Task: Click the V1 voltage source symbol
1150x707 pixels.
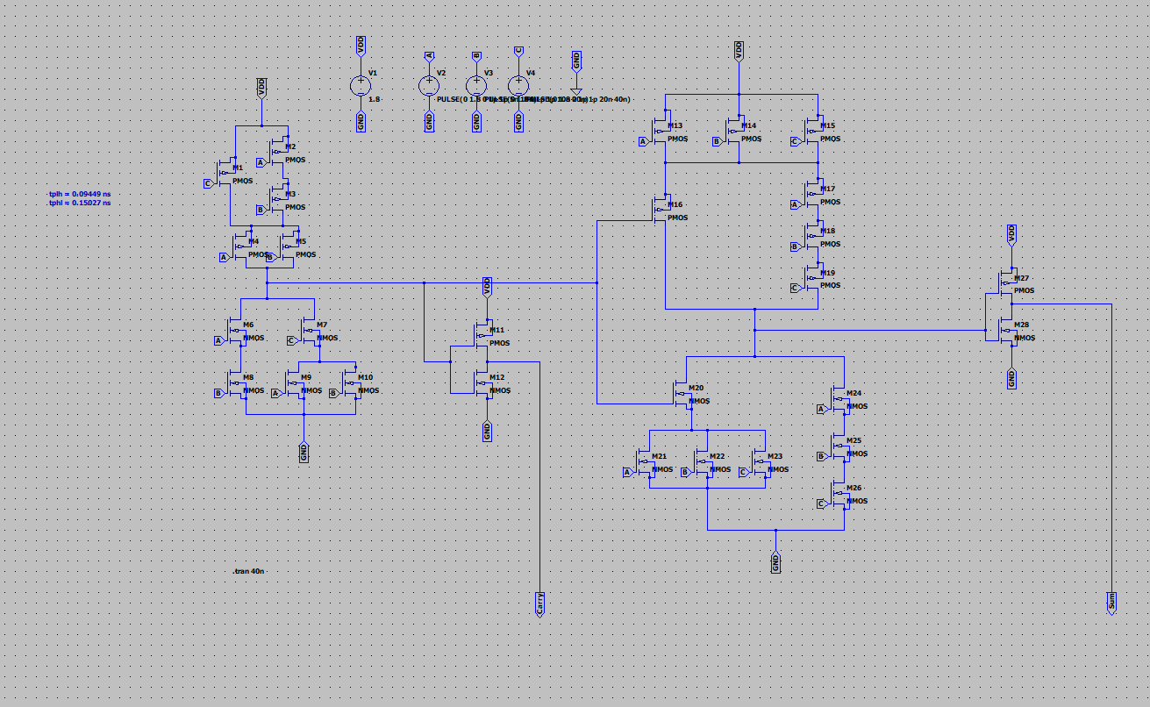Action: coord(361,85)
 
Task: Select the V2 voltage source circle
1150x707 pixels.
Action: coord(429,85)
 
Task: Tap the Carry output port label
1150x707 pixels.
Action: coord(540,603)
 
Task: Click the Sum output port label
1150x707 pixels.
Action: coord(1111,602)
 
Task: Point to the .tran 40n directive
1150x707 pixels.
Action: coord(249,571)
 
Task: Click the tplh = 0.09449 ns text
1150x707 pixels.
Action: coord(80,193)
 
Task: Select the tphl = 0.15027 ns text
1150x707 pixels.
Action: coord(80,203)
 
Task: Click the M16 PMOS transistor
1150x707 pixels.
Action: coord(662,209)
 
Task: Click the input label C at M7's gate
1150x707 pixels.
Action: coord(291,340)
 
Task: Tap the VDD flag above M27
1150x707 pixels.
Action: coord(1011,233)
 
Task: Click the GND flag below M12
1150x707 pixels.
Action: coord(488,431)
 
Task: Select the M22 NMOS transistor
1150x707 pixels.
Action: coord(705,461)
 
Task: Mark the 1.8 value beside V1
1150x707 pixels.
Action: coord(375,99)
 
